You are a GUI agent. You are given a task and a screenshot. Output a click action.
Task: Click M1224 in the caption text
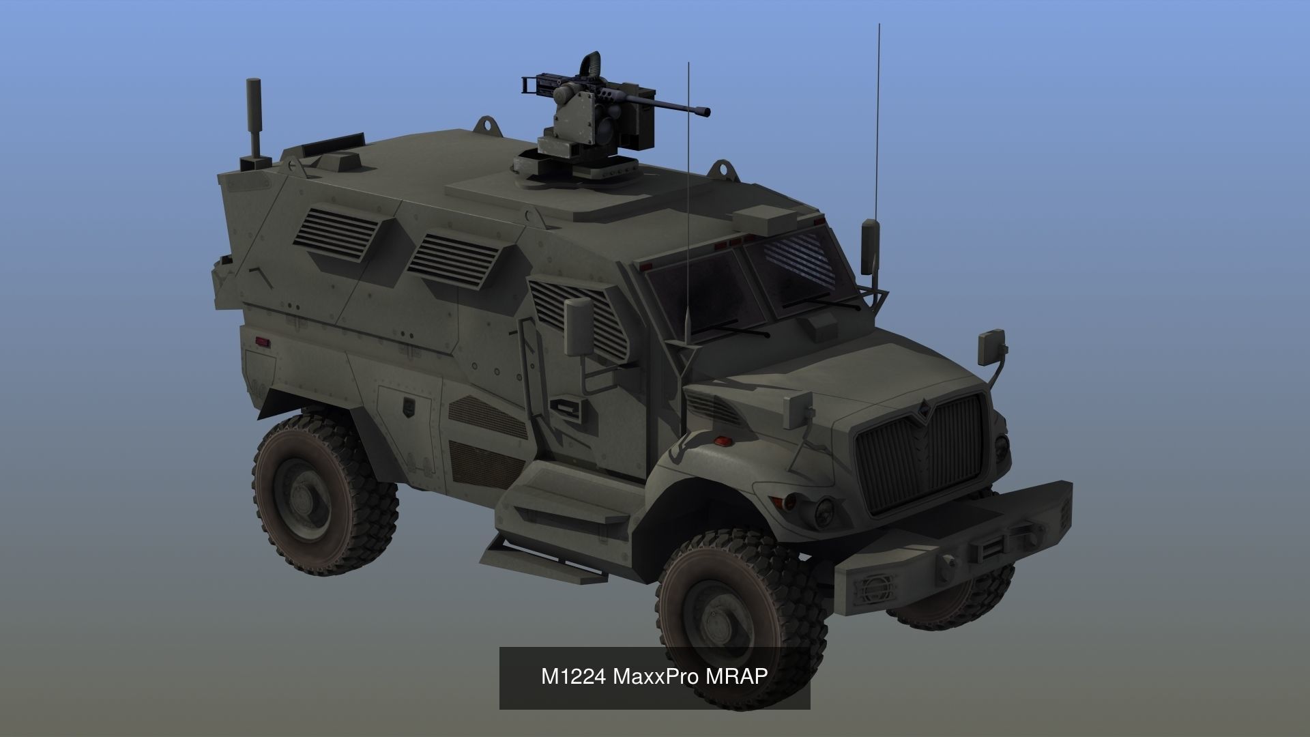coord(574,676)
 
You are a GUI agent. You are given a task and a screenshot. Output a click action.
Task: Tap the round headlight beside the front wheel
coord(824,508)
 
